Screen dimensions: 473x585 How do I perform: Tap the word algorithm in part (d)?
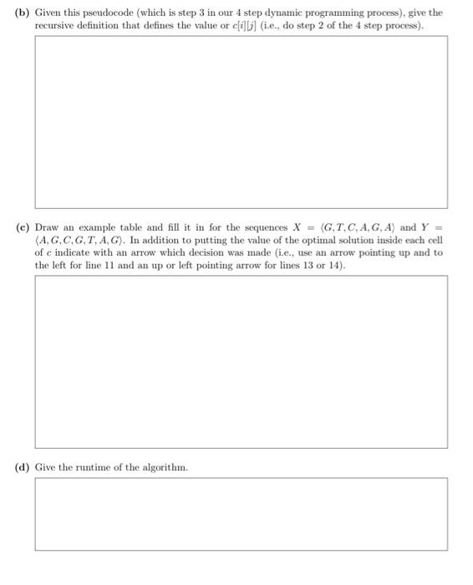(x=165, y=466)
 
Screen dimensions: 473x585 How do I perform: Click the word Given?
(x=48, y=13)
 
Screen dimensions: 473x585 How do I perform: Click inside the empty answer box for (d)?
(x=241, y=514)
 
